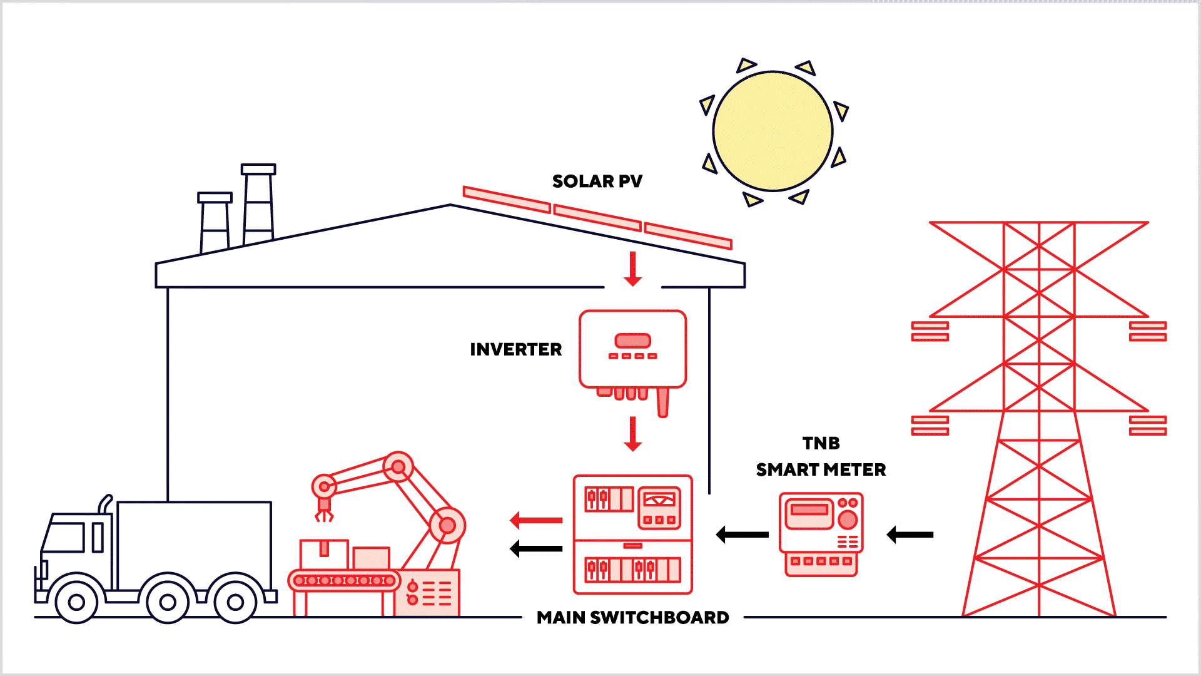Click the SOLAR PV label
click(597, 182)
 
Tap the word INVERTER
click(515, 349)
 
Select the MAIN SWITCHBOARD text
click(632, 618)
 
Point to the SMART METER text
click(821, 469)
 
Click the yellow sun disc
click(773, 131)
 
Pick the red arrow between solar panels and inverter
click(633, 269)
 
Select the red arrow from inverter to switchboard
click(633, 434)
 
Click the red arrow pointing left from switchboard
click(536, 520)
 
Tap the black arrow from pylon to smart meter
click(910, 535)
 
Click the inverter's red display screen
click(633, 341)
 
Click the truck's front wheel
click(76, 602)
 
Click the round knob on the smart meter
click(848, 520)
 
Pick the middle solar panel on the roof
click(597, 218)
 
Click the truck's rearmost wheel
click(235, 602)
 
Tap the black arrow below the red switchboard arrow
click(536, 549)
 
